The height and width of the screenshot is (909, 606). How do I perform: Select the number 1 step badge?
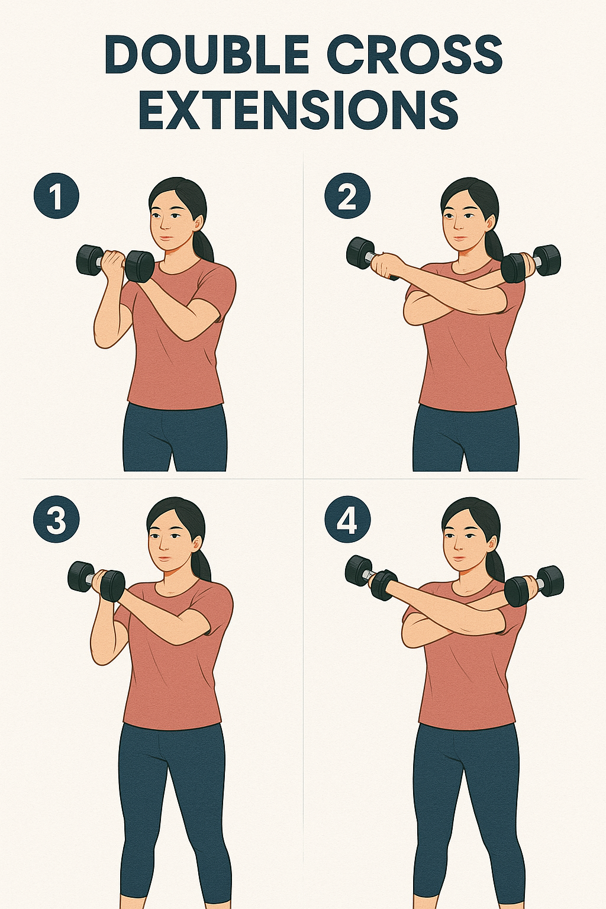point(56,197)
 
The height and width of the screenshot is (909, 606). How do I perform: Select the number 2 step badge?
point(347,197)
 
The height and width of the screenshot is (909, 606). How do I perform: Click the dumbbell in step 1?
point(115,263)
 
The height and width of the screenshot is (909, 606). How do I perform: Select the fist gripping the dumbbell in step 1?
point(112,264)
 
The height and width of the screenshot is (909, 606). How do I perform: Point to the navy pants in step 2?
point(466,439)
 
